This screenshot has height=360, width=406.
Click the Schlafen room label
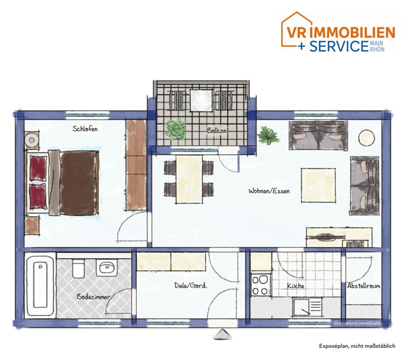(x=85, y=128)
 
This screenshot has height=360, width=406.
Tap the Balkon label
(x=217, y=130)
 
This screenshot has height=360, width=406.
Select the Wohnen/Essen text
(x=269, y=191)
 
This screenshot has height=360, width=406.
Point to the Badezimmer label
(x=93, y=296)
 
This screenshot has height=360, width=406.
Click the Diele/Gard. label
(x=191, y=286)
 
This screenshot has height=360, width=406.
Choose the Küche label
(x=295, y=286)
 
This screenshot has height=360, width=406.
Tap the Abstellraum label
(x=363, y=286)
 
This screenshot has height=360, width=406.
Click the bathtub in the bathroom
(x=40, y=286)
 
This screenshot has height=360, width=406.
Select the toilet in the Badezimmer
(x=78, y=268)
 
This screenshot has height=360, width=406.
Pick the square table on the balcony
(x=201, y=100)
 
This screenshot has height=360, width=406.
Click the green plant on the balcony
(x=175, y=129)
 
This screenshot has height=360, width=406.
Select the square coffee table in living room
(x=318, y=185)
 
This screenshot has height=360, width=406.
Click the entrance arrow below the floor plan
(x=222, y=334)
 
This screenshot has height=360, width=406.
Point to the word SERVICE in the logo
(x=339, y=46)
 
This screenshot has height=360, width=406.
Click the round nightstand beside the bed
(x=32, y=140)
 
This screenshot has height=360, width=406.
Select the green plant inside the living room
(x=268, y=135)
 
